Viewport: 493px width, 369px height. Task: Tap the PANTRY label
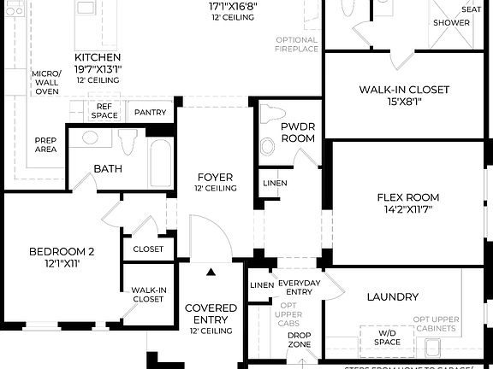151,112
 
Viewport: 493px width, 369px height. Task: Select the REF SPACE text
104,110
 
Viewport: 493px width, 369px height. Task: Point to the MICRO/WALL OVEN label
46,82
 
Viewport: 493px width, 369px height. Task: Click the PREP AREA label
46,144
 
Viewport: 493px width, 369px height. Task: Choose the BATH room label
108,168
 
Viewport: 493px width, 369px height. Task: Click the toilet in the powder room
272,114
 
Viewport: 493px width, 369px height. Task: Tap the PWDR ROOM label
298,132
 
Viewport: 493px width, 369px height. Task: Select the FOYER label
215,178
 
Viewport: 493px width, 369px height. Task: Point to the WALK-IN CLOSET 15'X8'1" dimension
404,102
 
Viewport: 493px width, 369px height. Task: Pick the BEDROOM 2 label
61,251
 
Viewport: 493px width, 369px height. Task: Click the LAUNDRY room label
392,296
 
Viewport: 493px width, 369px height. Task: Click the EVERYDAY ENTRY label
299,288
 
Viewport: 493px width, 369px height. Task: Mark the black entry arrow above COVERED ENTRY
211,272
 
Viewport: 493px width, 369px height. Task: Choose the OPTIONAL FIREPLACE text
297,44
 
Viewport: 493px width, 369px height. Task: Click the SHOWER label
451,23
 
